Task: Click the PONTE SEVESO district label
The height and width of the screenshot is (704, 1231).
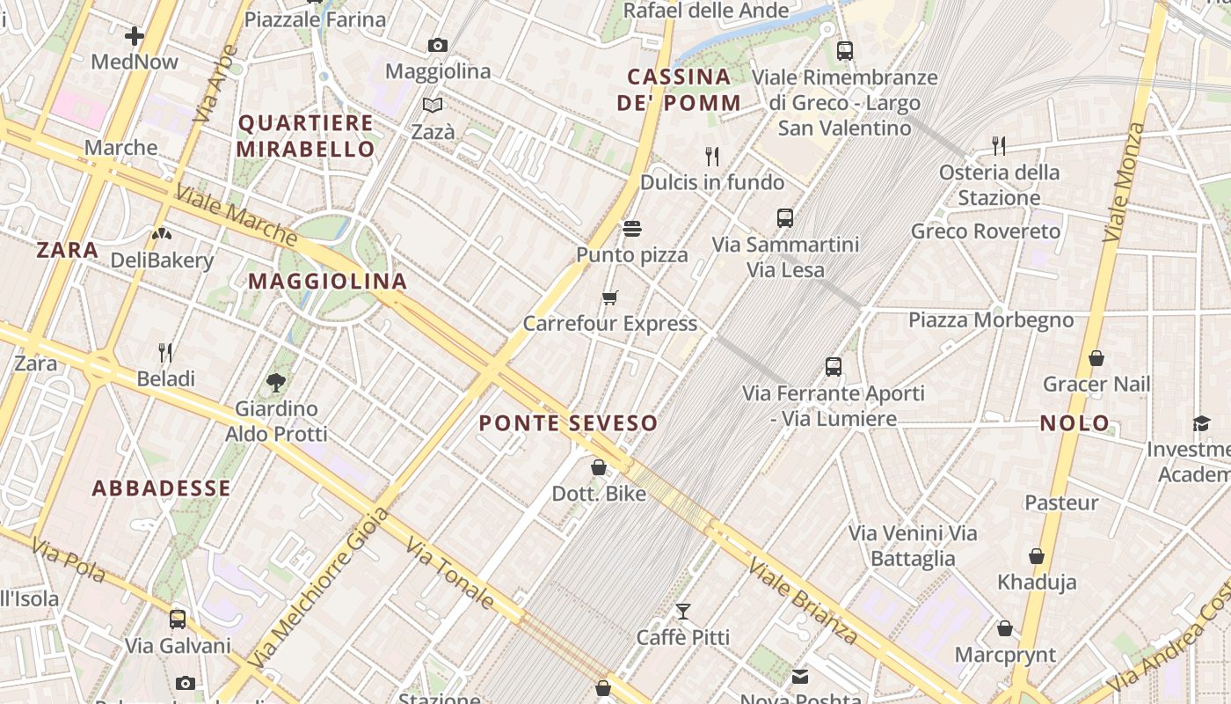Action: coord(568,423)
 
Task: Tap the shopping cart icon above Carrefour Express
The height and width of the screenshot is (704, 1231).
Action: coord(610,298)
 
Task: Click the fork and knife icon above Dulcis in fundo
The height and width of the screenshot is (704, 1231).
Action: coord(712,157)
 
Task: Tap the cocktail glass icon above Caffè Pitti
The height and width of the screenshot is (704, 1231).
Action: coord(683,611)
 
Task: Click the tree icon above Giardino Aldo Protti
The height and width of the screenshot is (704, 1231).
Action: coord(276,382)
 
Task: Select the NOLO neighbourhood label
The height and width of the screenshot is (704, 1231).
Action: coord(1074,423)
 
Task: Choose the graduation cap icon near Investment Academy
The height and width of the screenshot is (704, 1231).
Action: coord(1201,424)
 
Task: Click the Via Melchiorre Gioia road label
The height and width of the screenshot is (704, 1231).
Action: coord(318,587)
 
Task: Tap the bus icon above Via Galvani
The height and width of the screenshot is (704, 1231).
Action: coord(178,619)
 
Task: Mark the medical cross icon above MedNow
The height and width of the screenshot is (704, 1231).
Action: coord(135,36)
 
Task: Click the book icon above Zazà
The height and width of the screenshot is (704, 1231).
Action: coord(433,106)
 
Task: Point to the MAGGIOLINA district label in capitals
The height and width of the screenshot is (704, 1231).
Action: coord(327,282)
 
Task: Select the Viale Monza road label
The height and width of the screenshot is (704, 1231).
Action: coord(1124,182)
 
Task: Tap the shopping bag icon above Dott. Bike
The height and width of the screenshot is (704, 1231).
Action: coord(599,467)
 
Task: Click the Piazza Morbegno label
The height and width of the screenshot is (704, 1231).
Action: coord(991,319)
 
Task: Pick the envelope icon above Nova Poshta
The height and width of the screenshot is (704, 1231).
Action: coord(800,676)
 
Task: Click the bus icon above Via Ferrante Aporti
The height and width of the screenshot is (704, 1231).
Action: coord(834,367)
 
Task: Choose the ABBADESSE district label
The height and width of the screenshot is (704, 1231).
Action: coord(162,488)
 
